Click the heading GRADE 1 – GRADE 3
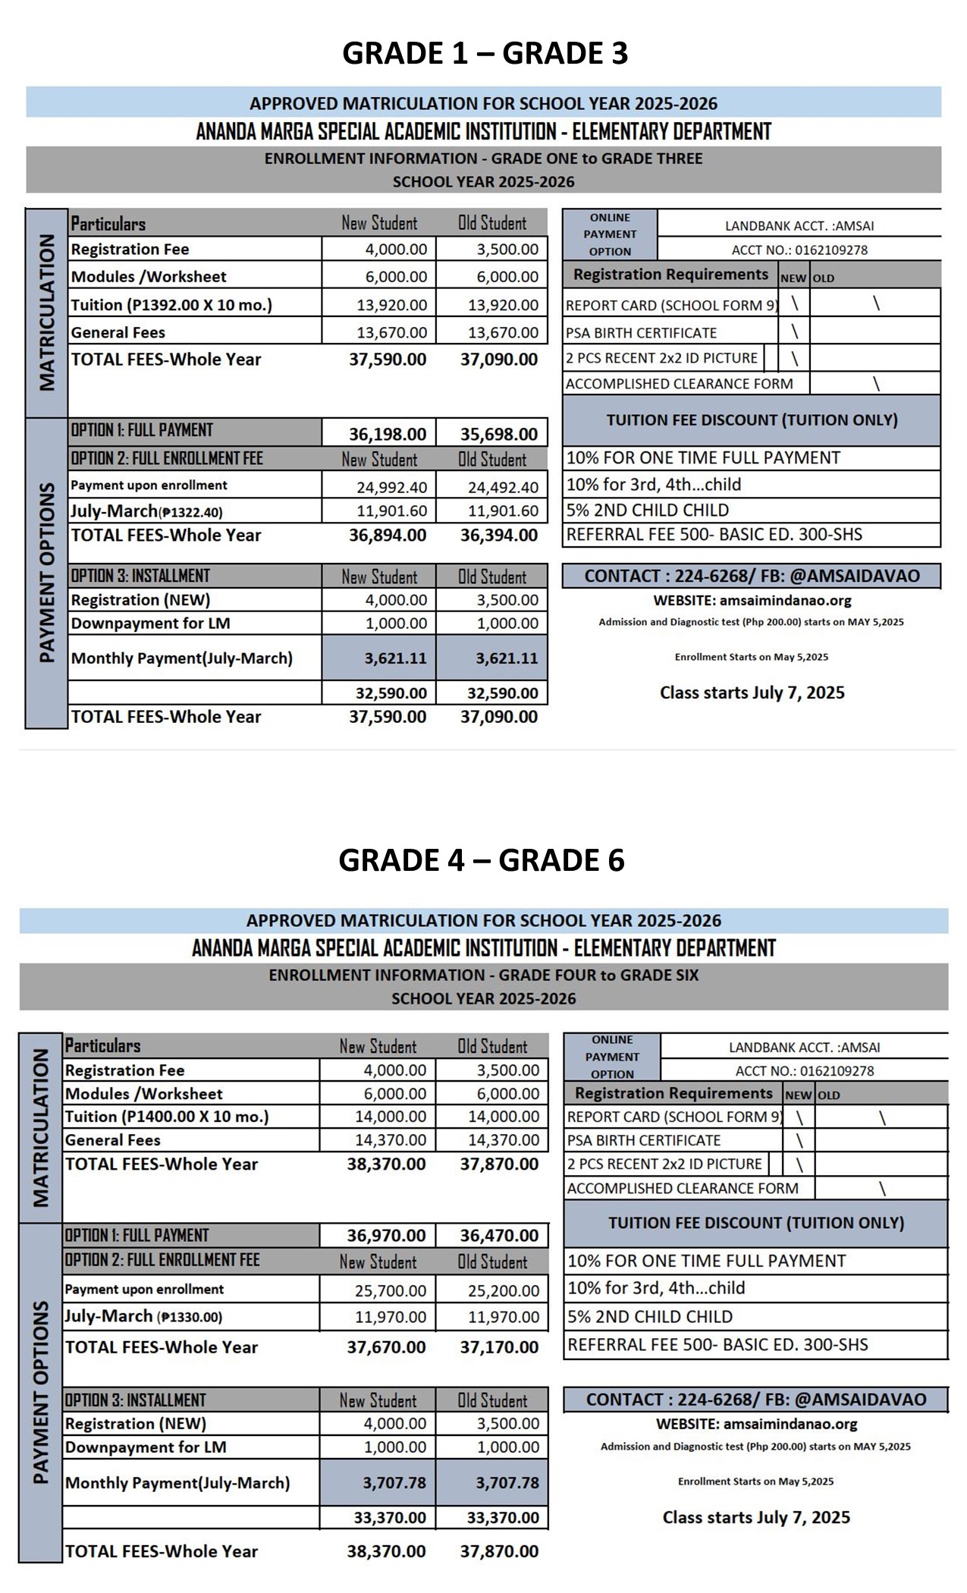pos(485,53)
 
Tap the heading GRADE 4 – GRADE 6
pos(482,860)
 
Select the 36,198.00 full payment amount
pos(388,435)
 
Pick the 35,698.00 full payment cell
pos(499,435)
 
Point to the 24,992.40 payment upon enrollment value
pos(391,487)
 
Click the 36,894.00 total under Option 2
pos(388,536)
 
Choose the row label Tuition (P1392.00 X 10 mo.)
pos(171,305)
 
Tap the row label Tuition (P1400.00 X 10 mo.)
pos(167,1117)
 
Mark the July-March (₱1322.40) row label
pos(146,511)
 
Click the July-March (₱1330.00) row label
pos(143,1316)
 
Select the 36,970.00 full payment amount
pos(386,1236)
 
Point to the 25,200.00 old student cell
pos(504,1290)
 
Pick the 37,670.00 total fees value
pos(386,1347)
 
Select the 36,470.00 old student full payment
pos(499,1236)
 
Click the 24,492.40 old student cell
pos(503,487)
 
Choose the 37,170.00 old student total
pos(499,1347)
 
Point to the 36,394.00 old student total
pos(499,536)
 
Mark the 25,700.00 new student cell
pos(391,1290)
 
